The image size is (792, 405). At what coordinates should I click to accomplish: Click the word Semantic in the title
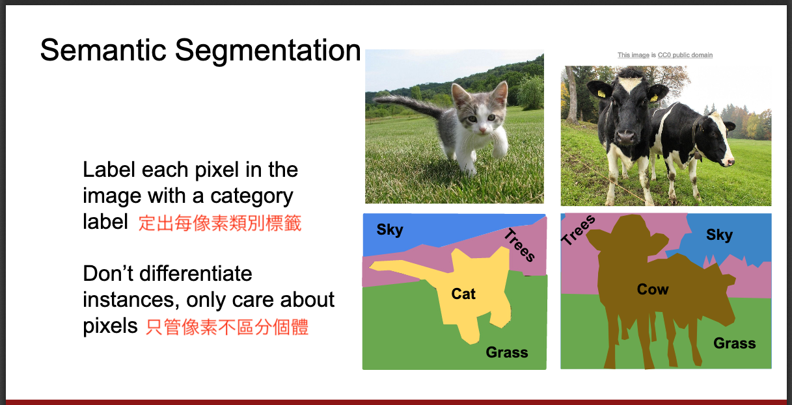click(x=103, y=50)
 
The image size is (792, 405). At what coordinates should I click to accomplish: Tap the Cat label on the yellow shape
click(x=463, y=294)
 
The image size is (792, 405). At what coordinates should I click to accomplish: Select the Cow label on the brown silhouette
click(x=653, y=289)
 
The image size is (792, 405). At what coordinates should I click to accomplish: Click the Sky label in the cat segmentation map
click(x=390, y=230)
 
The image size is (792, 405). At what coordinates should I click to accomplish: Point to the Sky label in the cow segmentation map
click(x=720, y=235)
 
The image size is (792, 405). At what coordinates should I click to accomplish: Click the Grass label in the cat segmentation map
click(x=507, y=352)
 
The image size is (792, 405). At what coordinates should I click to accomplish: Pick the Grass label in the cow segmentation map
click(x=735, y=343)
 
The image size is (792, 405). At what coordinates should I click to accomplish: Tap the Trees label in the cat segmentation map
click(x=519, y=245)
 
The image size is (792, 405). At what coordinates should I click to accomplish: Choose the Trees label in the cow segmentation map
click(x=579, y=230)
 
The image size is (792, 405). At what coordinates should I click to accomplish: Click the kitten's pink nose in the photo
click(x=482, y=131)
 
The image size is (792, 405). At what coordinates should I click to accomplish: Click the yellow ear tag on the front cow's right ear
click(x=601, y=94)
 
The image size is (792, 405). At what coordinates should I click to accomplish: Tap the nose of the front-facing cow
click(x=625, y=136)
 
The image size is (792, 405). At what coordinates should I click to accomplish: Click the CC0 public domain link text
click(x=685, y=55)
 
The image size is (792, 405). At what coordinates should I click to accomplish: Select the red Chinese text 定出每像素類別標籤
click(x=220, y=223)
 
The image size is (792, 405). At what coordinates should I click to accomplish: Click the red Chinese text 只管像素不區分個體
click(x=227, y=327)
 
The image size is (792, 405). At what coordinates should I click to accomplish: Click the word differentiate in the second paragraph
click(x=196, y=274)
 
